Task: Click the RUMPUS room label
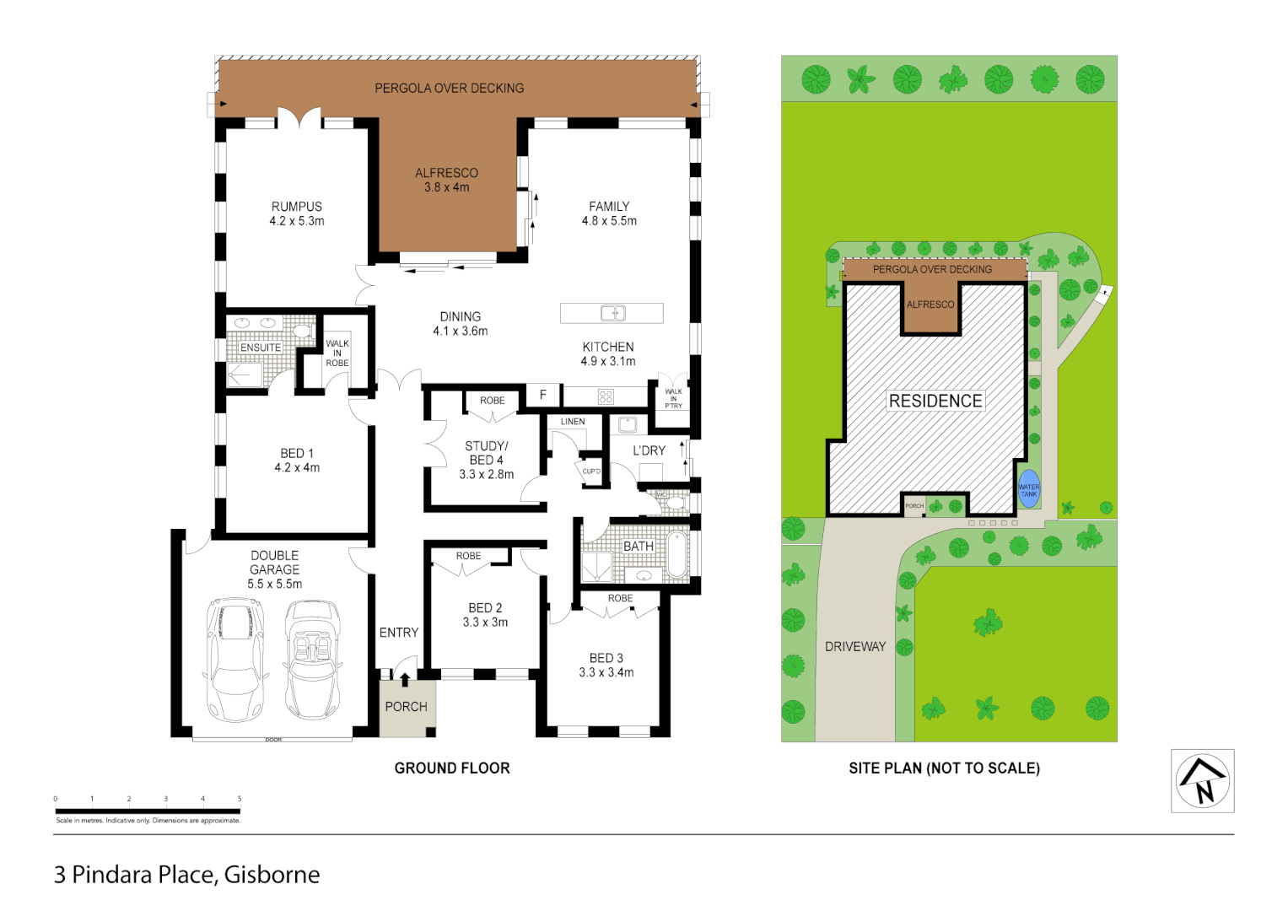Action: point(296,207)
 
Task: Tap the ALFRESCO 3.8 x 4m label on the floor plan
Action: point(446,180)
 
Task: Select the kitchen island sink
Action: point(612,313)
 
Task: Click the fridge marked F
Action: point(543,395)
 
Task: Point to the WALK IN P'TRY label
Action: point(673,398)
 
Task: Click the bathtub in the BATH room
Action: point(676,554)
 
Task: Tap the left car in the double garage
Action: point(235,659)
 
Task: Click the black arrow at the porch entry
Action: point(405,679)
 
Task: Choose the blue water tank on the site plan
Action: point(1028,489)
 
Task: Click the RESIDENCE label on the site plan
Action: point(935,402)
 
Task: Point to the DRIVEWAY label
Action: point(855,647)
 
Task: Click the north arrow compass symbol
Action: point(1202,781)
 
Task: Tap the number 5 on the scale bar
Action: point(240,798)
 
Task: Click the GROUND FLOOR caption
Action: point(452,768)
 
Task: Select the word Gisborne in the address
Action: point(272,875)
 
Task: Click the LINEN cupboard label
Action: point(573,421)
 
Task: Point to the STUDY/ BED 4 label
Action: point(487,460)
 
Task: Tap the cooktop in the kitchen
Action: point(606,396)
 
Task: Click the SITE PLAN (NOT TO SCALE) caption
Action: point(944,768)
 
